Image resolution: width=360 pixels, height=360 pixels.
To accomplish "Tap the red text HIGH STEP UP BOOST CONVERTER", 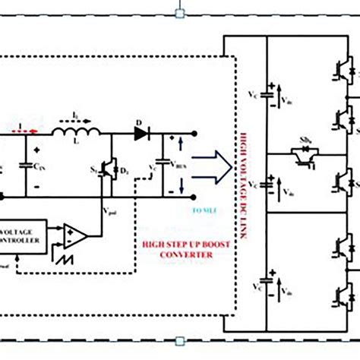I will tap(176, 250).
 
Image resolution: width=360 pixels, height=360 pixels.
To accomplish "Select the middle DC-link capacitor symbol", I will tap(267, 185).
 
